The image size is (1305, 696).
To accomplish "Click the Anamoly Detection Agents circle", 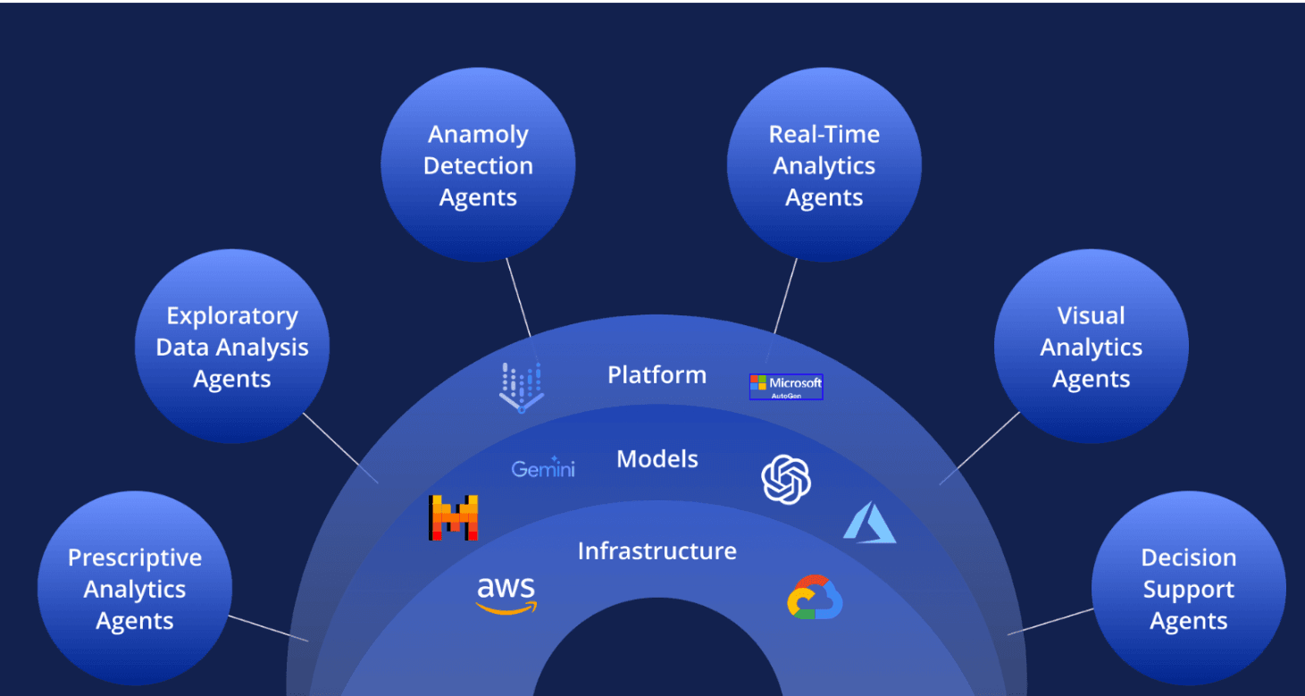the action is (x=478, y=165).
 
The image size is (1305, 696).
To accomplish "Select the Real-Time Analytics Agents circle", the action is (x=824, y=165).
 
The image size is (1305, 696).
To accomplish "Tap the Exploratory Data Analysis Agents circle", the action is (x=232, y=347).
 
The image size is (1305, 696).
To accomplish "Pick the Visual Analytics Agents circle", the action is (x=1092, y=347).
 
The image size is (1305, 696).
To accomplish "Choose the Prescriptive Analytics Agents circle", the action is (x=135, y=588).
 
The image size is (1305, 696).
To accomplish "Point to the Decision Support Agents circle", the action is (x=1189, y=588).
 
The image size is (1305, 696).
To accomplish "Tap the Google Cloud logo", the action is (x=815, y=598).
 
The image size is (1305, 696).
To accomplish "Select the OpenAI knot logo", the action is (x=786, y=479).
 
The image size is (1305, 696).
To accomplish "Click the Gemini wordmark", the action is (x=543, y=467).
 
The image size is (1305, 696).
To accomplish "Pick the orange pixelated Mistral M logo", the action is (x=453, y=517).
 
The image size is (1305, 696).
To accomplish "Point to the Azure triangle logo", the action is (x=870, y=523).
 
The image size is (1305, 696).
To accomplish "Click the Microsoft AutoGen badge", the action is (x=786, y=387).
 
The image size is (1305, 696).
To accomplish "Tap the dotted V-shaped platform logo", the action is (x=522, y=387).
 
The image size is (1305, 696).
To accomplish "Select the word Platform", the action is (x=657, y=375).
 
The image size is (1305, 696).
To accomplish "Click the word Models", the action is (x=657, y=459).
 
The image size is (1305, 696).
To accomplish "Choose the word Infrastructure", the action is (x=657, y=551).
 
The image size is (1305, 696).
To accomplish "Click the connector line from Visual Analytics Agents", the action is (x=980, y=449).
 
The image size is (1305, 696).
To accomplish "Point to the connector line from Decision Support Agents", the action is (x=1050, y=621).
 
